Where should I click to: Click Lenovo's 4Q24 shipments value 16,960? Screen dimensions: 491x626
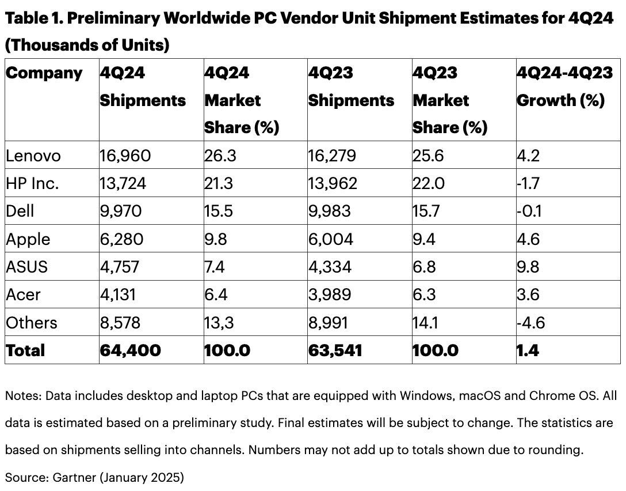click(x=125, y=156)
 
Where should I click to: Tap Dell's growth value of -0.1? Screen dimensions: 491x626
click(x=529, y=211)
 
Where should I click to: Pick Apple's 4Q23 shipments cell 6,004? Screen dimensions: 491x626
click(x=330, y=239)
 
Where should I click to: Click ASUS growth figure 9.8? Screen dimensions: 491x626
click(x=528, y=266)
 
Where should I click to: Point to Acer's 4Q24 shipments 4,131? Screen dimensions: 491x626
click(x=119, y=294)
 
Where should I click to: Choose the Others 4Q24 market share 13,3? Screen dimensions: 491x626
click(x=221, y=322)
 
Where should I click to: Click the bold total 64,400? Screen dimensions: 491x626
click(x=130, y=350)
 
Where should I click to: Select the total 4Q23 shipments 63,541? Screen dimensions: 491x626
click(x=335, y=350)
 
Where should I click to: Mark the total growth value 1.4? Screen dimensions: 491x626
click(x=528, y=350)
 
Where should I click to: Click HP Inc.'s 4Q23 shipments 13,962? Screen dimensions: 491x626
click(x=333, y=183)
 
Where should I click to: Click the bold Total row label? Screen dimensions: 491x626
click(x=25, y=350)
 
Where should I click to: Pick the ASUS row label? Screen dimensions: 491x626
click(x=26, y=266)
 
